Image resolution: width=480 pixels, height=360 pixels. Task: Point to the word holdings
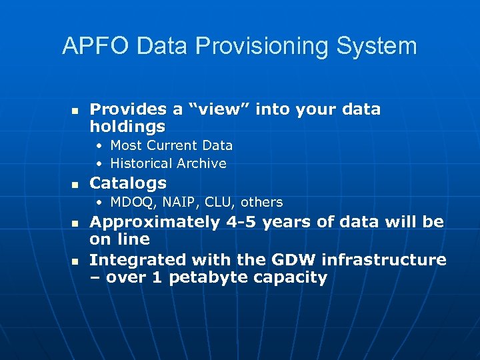click(127, 127)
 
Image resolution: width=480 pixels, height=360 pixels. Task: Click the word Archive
click(201, 163)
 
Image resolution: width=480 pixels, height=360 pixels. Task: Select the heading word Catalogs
click(128, 183)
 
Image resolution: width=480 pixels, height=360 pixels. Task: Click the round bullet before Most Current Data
click(99, 145)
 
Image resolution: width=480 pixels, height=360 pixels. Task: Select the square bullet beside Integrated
click(75, 261)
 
